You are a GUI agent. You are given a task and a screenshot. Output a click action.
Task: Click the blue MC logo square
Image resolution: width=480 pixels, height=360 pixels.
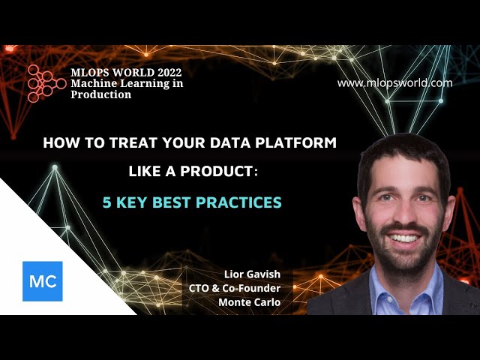click(x=43, y=281)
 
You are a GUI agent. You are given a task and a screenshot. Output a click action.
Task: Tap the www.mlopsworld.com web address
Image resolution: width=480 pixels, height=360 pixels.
click(x=394, y=83)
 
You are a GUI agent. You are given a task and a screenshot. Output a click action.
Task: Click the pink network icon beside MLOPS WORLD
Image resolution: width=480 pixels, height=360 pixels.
click(x=45, y=82)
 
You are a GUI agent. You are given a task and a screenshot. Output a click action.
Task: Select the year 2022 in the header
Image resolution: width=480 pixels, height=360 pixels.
click(x=166, y=72)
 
